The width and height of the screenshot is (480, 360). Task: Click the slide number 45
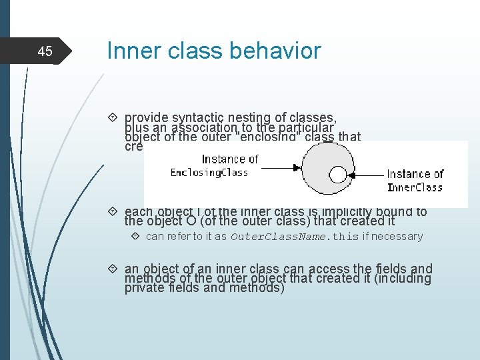coord(45,51)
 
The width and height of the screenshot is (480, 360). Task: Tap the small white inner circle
coord(338,175)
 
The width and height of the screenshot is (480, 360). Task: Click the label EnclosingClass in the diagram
coord(209,173)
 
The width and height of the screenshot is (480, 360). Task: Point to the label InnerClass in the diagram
coord(415,187)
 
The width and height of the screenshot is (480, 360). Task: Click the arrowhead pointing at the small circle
coord(353,175)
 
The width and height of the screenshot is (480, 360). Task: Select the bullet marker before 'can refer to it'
coord(135,237)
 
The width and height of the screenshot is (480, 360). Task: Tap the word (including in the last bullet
coord(403,279)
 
